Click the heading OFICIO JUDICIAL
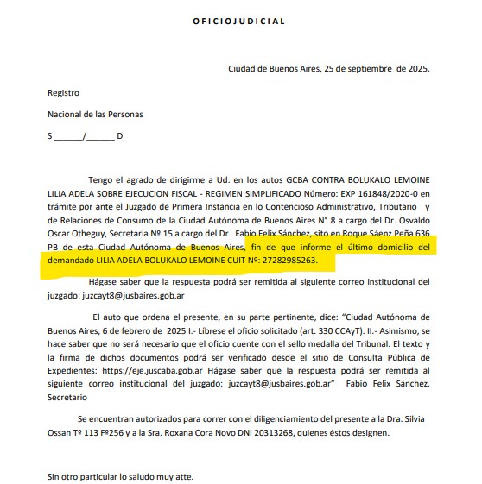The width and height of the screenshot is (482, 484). point(237,21)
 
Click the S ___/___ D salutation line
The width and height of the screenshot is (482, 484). point(86,136)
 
